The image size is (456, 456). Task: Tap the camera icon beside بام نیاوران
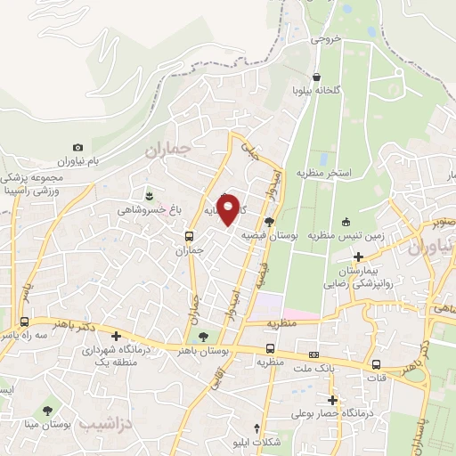click(77, 147)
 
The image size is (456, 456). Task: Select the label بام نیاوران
click(76, 161)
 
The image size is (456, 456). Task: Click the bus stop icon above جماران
click(188, 236)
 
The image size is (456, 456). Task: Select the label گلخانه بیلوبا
click(318, 92)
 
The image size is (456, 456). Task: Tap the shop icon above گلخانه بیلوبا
click(318, 77)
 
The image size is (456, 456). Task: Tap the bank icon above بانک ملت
click(313, 353)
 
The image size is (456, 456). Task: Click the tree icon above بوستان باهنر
click(204, 336)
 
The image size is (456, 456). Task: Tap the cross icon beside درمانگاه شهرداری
click(117, 337)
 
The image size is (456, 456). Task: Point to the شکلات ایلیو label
click(257, 441)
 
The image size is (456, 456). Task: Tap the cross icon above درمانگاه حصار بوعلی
click(333, 400)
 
